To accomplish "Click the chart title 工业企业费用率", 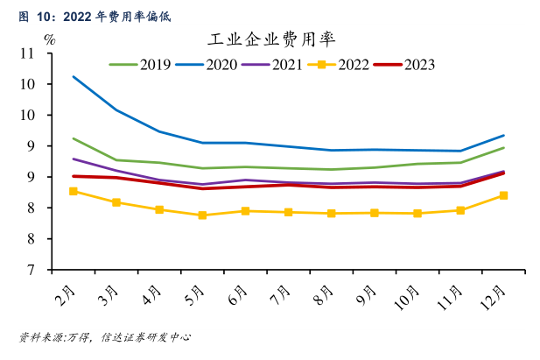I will (x=271, y=40).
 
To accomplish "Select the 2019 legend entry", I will (x=140, y=64).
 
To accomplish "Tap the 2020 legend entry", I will (x=207, y=64).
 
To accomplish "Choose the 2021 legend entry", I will (x=273, y=64).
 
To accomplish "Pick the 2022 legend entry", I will (x=338, y=64).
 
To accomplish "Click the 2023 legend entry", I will (x=404, y=64).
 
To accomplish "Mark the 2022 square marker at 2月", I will (x=74, y=191).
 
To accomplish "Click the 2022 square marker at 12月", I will (x=503, y=195).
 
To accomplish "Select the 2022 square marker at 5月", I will (x=202, y=215).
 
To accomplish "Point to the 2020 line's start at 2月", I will (x=74, y=77).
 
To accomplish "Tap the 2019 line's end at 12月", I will (x=503, y=147).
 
